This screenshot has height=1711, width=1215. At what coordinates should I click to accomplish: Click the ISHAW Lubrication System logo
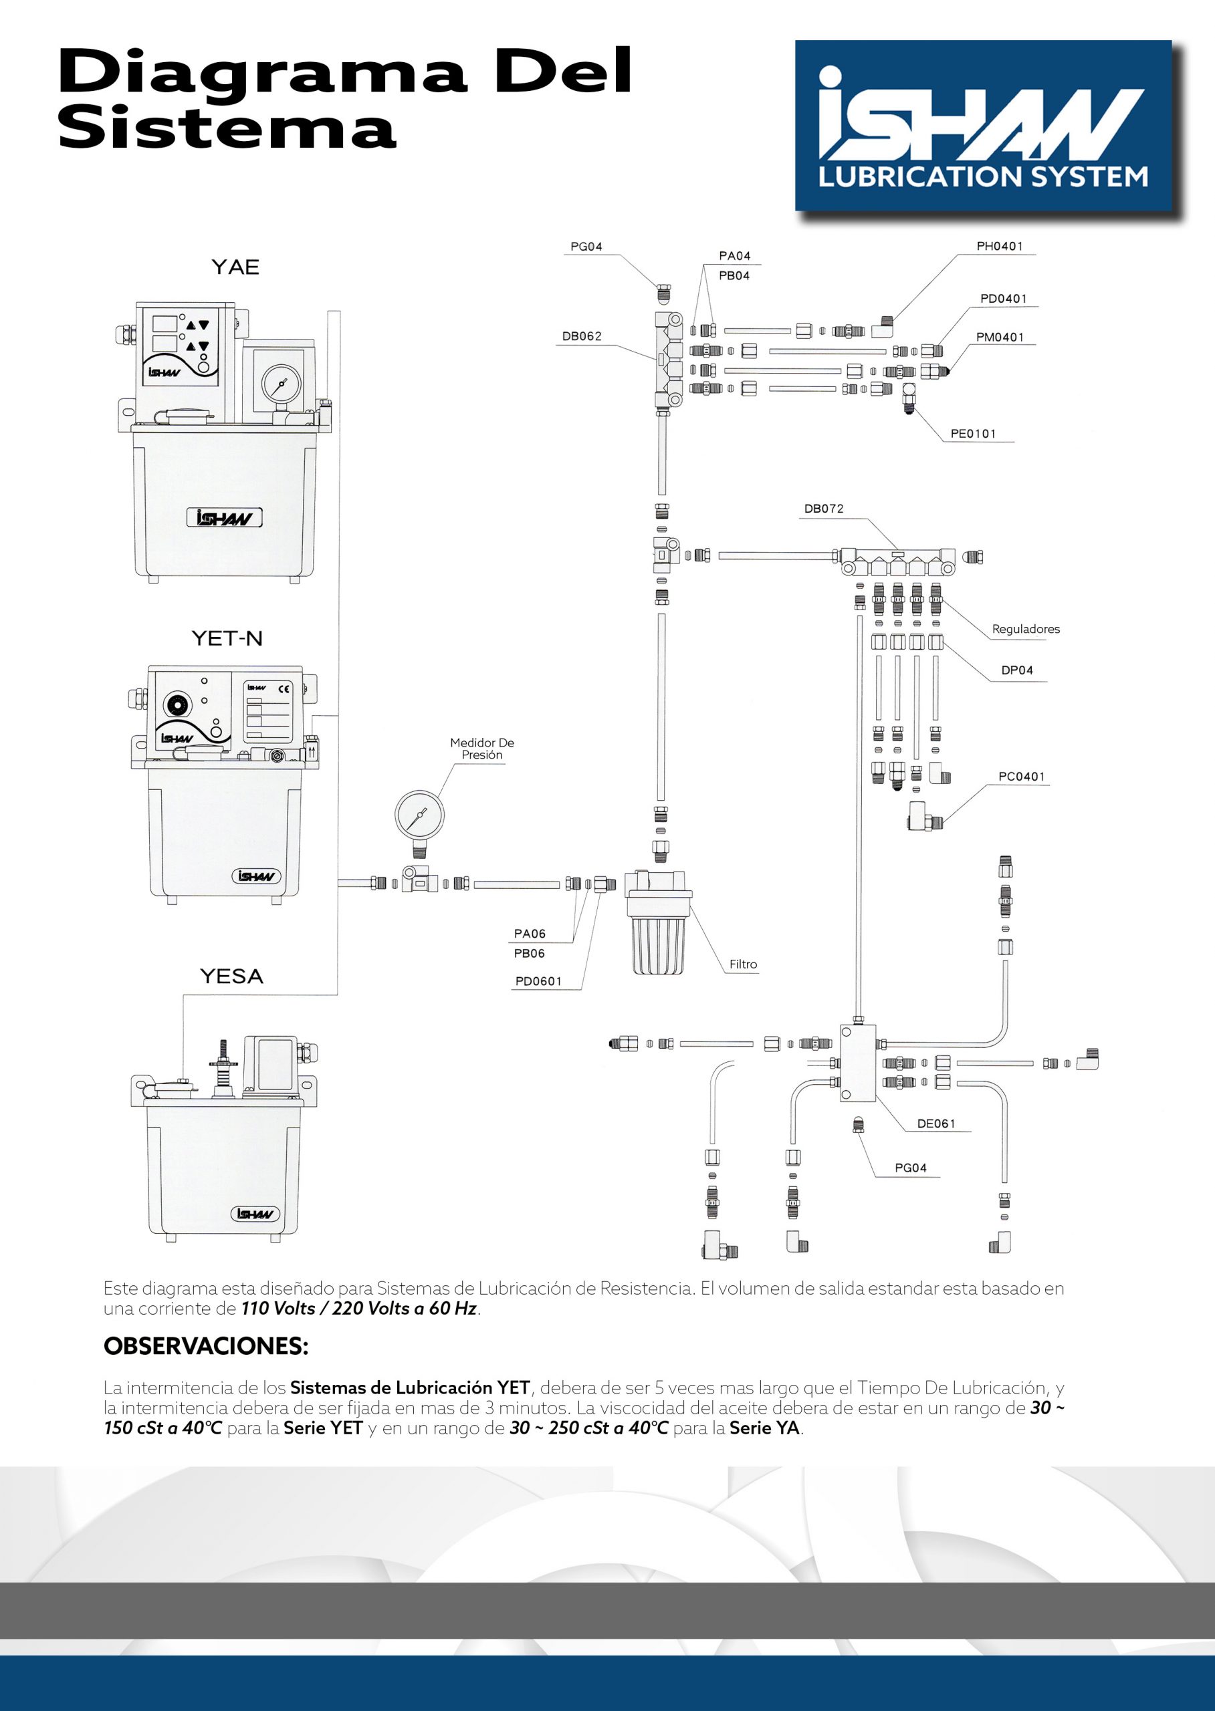982,126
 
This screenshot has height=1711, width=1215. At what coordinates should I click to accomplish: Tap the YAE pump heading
235,267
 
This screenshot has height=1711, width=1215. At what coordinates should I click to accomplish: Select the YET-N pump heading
227,638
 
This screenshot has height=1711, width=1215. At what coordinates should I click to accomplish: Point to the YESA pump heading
231,976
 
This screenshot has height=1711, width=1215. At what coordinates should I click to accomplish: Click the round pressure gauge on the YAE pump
281,384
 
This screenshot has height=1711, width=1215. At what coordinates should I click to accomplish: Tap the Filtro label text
743,964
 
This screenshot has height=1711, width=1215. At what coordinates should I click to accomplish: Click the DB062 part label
581,336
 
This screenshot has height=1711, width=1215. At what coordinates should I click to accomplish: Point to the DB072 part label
824,509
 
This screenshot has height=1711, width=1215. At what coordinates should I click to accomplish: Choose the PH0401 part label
999,246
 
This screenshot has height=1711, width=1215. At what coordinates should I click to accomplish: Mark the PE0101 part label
972,434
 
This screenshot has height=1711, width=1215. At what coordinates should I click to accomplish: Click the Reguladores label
1025,629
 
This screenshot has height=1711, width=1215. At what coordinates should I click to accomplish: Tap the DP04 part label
1017,670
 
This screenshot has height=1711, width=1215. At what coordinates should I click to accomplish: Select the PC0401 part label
1021,776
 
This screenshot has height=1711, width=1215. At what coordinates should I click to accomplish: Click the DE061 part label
936,1124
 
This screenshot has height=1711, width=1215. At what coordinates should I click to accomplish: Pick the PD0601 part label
538,981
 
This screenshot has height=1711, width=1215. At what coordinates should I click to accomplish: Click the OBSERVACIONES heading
206,1346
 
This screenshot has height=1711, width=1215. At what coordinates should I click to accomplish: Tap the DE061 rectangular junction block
857,1063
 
